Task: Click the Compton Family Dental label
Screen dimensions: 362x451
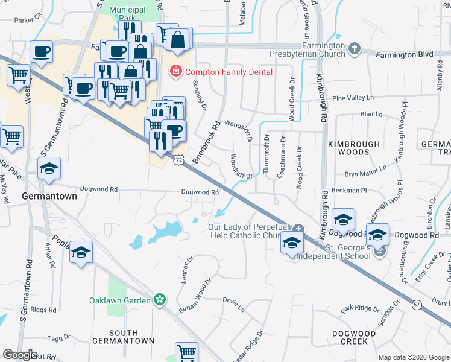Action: (229, 72)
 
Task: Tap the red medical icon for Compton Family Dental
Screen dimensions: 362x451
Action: (175, 72)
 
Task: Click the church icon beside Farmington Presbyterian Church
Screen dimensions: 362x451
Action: (355, 48)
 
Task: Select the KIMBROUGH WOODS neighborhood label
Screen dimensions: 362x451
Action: (354, 148)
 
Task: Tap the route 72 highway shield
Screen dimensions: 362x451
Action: (178, 160)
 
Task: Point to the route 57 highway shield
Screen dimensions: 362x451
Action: (417, 305)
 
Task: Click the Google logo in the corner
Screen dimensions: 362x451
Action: (20, 355)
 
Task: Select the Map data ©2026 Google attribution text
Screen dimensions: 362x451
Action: (413, 357)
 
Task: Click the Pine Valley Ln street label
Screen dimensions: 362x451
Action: (353, 98)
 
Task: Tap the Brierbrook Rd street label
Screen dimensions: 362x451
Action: (206, 142)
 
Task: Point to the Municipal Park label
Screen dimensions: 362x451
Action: (128, 14)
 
